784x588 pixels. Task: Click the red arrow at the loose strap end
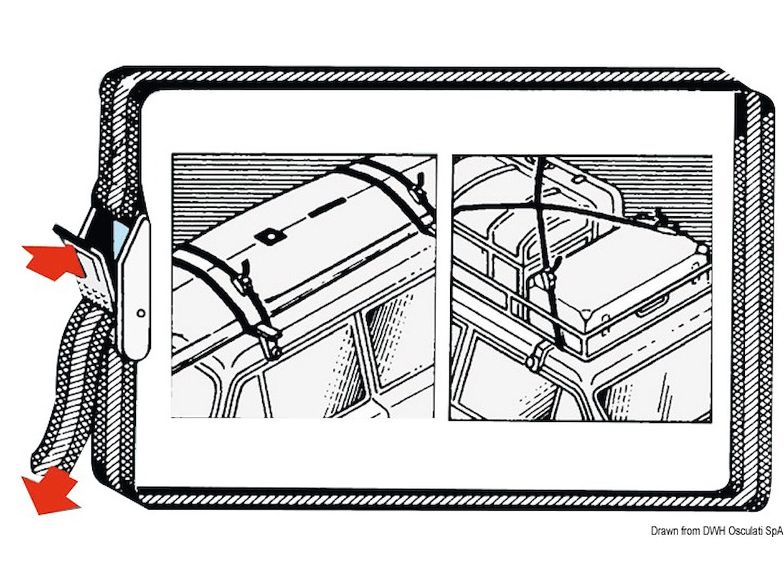[50, 490]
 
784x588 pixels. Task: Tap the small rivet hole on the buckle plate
[141, 313]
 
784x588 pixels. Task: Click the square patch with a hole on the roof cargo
[270, 237]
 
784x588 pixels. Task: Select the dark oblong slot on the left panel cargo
[327, 208]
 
